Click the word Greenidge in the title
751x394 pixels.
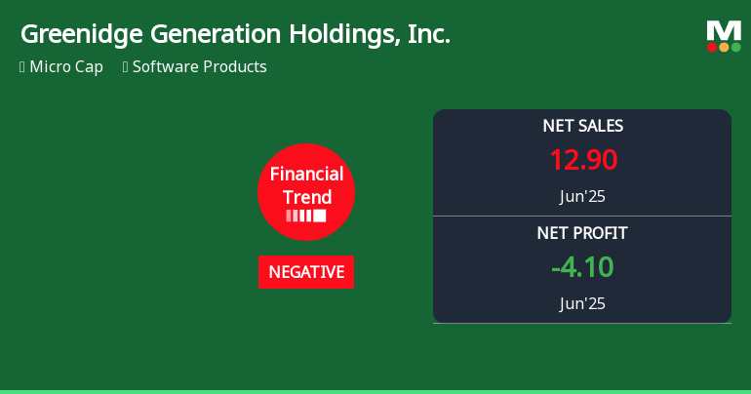click(81, 35)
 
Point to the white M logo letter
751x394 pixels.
click(724, 30)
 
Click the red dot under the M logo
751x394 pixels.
click(712, 47)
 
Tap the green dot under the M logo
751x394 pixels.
click(735, 47)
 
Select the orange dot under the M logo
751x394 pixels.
click(724, 47)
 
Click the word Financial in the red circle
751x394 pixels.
click(306, 175)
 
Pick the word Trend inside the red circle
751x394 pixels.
click(306, 197)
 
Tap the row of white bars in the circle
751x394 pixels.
click(306, 216)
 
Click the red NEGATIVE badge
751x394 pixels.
click(306, 272)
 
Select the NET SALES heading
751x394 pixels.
click(582, 126)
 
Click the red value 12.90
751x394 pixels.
click(582, 160)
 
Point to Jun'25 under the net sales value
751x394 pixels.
click(582, 196)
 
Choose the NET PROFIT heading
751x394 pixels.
click(582, 233)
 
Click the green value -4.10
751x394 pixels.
click(582, 267)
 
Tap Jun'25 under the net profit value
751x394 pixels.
click(582, 303)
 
